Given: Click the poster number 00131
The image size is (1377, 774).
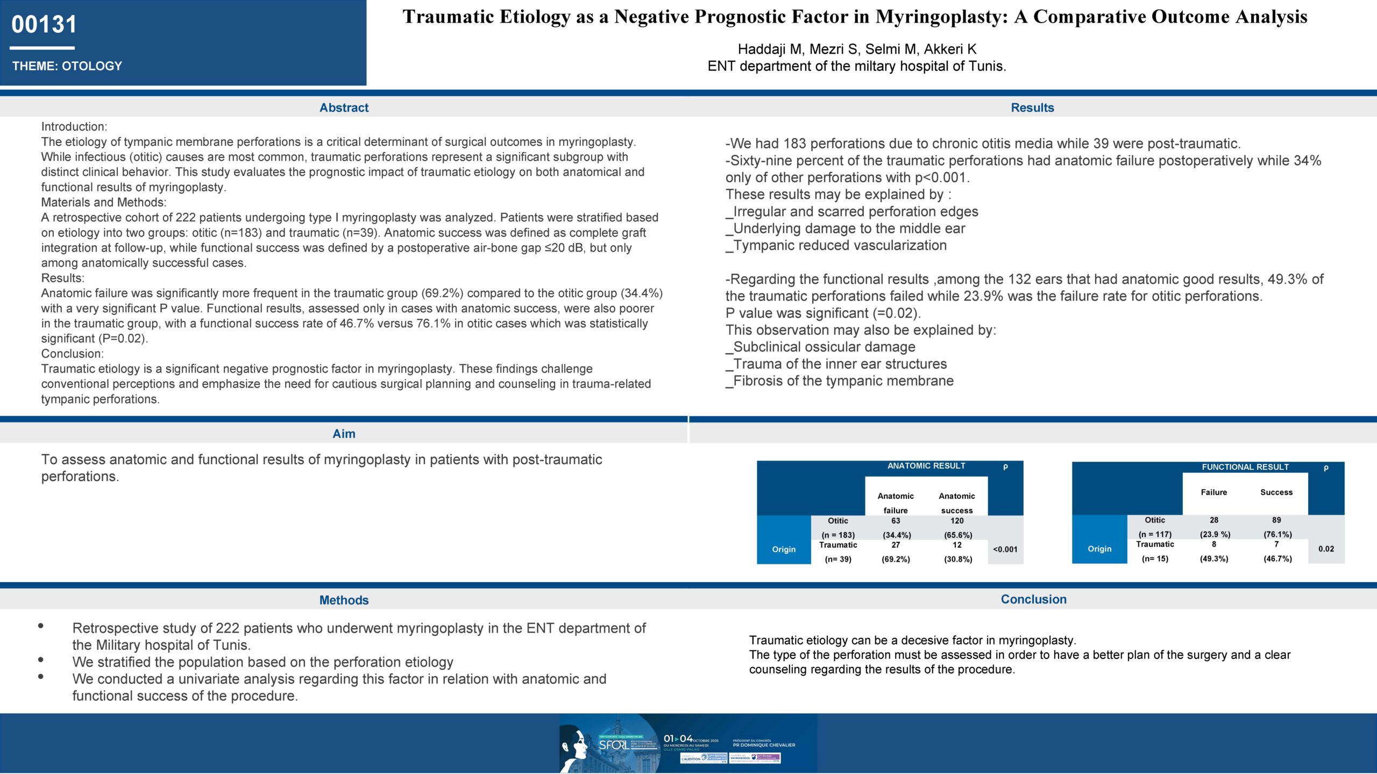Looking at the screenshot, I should click(44, 25).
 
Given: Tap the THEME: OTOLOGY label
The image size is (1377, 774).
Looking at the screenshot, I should click(67, 66).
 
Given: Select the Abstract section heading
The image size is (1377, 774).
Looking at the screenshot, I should click(344, 107).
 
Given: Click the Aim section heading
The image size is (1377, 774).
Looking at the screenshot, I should click(344, 434).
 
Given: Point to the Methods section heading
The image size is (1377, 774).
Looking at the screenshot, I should click(344, 600).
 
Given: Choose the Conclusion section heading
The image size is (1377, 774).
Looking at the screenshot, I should click(1033, 599).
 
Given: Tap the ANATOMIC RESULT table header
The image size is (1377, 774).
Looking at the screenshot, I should click(926, 466).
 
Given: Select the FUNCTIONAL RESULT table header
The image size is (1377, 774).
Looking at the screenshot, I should click(1245, 467).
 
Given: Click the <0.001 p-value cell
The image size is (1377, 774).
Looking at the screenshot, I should click(1005, 549).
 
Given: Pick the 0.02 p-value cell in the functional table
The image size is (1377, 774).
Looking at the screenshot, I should click(1326, 549).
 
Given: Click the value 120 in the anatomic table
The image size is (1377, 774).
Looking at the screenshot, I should click(957, 521).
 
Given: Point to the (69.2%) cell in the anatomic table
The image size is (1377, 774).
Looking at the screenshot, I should click(896, 559).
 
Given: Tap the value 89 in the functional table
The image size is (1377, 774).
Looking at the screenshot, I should click(1276, 520).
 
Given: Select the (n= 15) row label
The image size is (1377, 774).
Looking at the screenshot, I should click(1155, 559).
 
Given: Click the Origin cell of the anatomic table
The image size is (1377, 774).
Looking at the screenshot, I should click(784, 549).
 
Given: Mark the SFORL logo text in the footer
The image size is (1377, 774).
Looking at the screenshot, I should click(613, 745).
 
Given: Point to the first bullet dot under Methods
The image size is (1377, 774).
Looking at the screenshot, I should click(41, 626).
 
